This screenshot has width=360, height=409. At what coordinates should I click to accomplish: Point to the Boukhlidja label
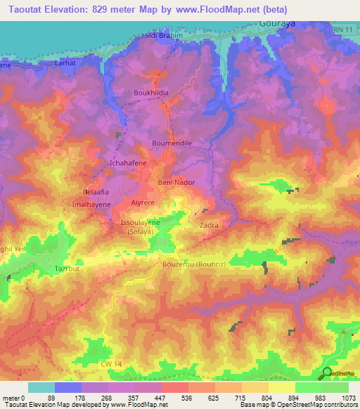(151, 93)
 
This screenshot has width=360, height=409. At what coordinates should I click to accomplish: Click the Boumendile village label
(172, 143)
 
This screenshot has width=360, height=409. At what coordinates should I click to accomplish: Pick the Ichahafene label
(128, 163)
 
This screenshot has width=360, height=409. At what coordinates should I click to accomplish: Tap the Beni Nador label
(176, 183)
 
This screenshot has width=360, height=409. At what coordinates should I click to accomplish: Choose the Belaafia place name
(97, 192)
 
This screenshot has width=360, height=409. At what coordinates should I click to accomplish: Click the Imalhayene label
(93, 204)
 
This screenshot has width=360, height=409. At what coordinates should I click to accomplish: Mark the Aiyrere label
(143, 201)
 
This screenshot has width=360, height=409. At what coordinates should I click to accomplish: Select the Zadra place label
(209, 226)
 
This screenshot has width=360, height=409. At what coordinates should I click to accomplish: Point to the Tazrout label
(68, 269)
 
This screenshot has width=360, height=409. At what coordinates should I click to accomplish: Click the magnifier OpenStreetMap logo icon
(327, 373)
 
